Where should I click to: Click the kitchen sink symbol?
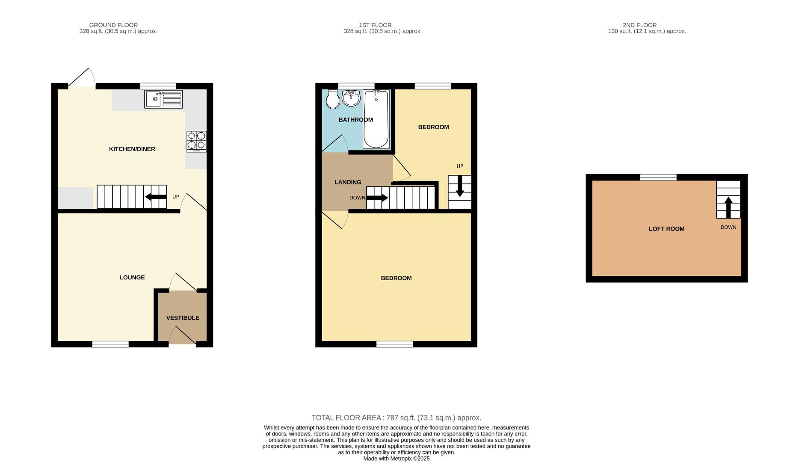[163, 99]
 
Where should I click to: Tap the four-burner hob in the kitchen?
[196, 142]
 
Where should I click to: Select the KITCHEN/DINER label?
[132, 149]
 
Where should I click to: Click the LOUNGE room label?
[132, 278]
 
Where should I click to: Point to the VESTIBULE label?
[183, 318]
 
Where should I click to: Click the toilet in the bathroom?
[332, 100]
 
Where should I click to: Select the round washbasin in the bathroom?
[352, 98]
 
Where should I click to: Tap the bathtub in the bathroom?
[376, 120]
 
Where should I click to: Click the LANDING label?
[348, 182]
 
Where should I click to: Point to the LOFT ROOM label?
[666, 229]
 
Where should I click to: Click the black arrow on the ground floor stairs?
[156, 197]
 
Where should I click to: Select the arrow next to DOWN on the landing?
[377, 198]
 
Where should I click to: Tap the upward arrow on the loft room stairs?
[728, 207]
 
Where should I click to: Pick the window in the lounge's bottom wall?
[110, 344]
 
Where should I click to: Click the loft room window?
[658, 177]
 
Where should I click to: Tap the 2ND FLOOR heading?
[639, 25]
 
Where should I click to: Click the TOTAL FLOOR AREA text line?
[396, 418]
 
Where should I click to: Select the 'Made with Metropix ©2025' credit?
[396, 459]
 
